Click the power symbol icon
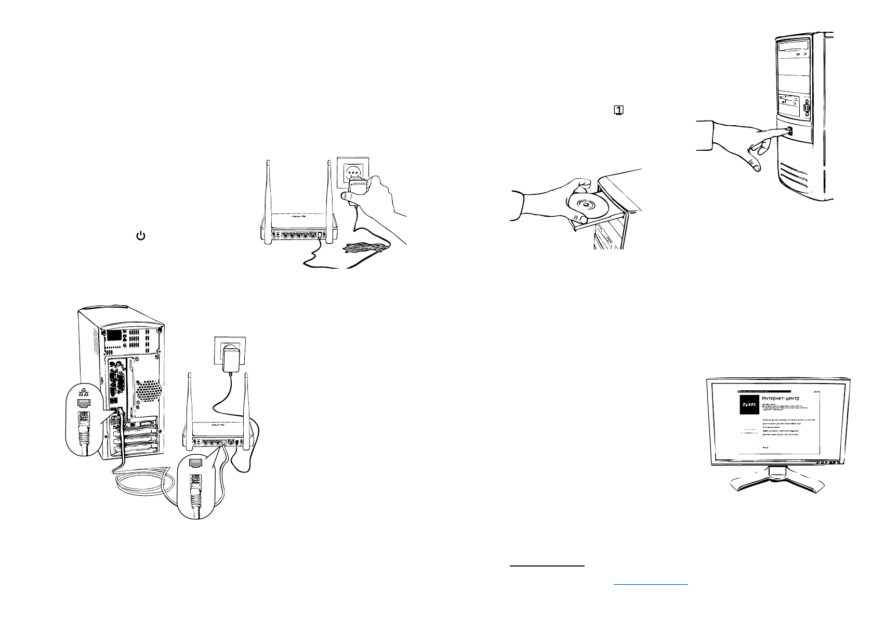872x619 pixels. pyautogui.click(x=140, y=236)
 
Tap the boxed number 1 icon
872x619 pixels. pyautogui.click(x=619, y=110)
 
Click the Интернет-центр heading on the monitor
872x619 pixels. pyautogui.click(x=782, y=398)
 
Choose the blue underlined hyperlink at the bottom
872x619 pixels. pyautogui.click(x=651, y=584)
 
